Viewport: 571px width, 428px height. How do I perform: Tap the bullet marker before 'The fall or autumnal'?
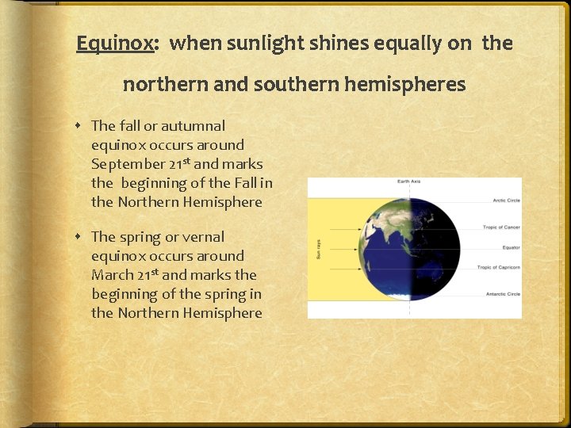coord(82,125)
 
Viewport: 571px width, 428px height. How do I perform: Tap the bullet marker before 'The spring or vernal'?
coord(82,236)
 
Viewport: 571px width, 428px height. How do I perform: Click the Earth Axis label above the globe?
coord(409,182)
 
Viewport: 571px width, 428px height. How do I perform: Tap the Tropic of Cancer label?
coord(501,227)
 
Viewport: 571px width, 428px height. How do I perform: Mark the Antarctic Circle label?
coord(503,294)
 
